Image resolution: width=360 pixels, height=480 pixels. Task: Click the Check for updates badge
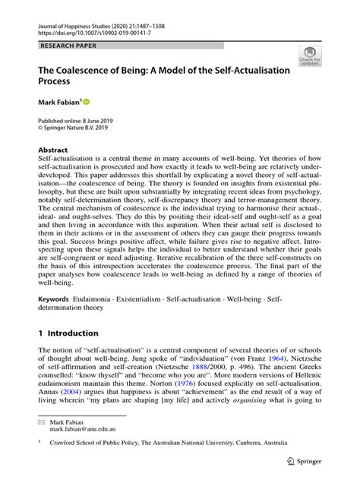pos(308,56)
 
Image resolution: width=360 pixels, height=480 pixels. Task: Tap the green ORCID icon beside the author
pos(87,100)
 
